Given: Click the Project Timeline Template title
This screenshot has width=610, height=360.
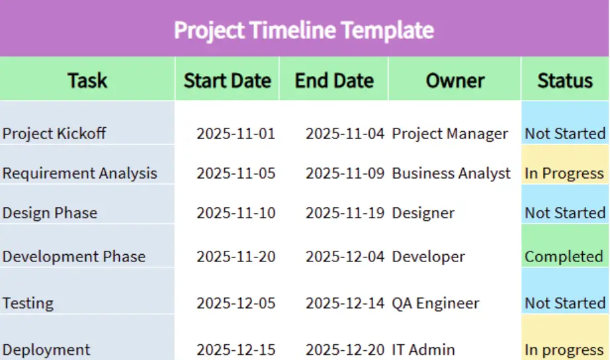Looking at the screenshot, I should click(x=304, y=30).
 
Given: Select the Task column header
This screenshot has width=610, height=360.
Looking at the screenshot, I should click(x=87, y=81).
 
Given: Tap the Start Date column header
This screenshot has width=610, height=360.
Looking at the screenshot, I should click(x=228, y=81).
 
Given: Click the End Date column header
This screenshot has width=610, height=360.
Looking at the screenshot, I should click(x=334, y=81).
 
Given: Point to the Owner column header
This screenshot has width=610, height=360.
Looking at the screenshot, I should click(x=455, y=81).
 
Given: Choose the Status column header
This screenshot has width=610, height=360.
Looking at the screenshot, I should click(x=565, y=81).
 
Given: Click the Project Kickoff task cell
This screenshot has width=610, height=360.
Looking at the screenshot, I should click(x=54, y=134).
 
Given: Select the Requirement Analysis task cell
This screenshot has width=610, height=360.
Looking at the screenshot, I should click(x=80, y=173).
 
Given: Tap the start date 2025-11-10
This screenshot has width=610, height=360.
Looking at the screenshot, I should click(x=236, y=213).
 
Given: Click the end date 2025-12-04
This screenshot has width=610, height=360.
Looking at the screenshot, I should click(x=345, y=257).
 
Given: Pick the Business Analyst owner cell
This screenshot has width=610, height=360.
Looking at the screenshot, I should click(x=451, y=173).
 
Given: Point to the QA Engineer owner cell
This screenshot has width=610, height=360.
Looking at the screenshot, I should click(x=435, y=303).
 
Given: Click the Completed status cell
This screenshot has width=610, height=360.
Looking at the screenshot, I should click(x=564, y=257).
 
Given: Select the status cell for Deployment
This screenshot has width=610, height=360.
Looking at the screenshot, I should click(x=564, y=349).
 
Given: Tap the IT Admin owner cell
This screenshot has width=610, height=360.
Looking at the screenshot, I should click(x=424, y=349).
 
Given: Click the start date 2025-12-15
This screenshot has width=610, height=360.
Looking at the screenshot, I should click(x=236, y=349).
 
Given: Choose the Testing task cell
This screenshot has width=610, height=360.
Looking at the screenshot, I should click(x=28, y=303).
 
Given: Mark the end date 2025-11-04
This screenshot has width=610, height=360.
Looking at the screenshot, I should click(x=345, y=134).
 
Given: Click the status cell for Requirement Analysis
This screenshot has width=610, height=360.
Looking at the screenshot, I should click(x=564, y=173).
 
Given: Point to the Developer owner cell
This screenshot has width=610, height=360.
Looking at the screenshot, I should click(x=428, y=257).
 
